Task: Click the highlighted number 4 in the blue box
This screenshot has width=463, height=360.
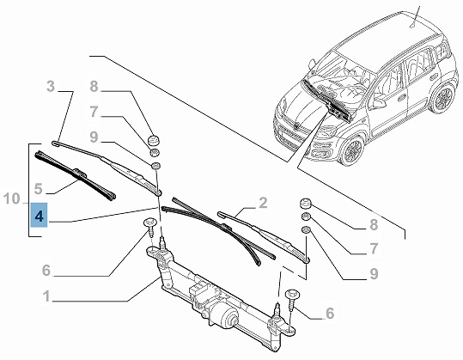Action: pos(39,217)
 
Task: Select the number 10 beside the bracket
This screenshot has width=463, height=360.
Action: pos(11,198)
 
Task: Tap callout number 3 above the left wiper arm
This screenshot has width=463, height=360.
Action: pos(51,86)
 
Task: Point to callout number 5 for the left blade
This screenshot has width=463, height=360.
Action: pos(38,188)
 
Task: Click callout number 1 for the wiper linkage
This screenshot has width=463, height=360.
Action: pos(46,296)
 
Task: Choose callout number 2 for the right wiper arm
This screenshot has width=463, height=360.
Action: pos(263,203)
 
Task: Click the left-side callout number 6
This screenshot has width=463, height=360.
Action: pos(46,271)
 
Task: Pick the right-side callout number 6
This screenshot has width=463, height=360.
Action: pos(330,313)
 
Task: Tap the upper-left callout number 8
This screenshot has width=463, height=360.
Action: pos(94,87)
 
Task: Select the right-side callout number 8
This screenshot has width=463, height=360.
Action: pos(374,225)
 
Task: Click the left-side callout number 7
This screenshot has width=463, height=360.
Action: pos(94,112)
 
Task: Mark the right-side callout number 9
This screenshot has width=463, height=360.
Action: pos(374,273)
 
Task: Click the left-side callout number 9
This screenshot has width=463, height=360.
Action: pos(94,137)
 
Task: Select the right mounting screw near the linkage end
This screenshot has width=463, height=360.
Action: pos(292,298)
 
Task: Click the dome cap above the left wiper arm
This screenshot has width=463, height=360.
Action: pos(154,140)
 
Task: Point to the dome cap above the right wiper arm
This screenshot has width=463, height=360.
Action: pos(306,204)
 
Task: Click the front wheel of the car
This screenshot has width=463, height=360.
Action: pos(352,149)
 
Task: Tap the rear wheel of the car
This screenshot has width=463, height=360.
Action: pos(442,97)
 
